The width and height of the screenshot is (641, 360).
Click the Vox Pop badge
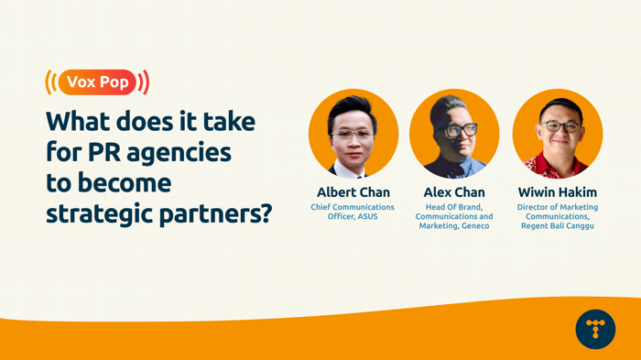[x=97, y=82]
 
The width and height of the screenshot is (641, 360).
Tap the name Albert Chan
[x=353, y=192]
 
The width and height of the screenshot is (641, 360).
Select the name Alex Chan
[x=454, y=192]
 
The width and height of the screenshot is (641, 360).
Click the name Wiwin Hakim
[x=557, y=192]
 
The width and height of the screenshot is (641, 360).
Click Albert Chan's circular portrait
[x=353, y=134]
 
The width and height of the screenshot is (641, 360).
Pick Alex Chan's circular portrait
[x=454, y=134]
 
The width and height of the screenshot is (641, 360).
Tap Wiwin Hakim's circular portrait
[x=557, y=134]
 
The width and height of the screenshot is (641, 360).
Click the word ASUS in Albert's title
[x=365, y=217]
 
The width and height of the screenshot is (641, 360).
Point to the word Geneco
[x=473, y=226]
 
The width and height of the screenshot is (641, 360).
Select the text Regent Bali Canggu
[x=558, y=226]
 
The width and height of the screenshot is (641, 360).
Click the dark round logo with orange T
[x=595, y=328]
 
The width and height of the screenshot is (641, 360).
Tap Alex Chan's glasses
[x=461, y=130]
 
